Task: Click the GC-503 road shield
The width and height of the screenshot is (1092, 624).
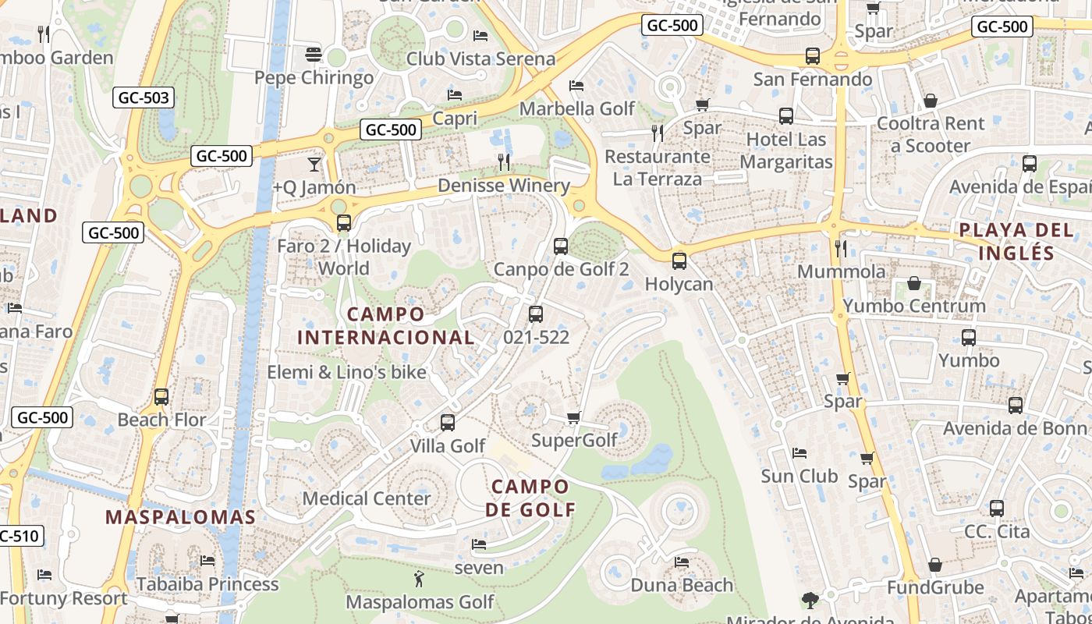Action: pyautogui.click(x=143, y=97)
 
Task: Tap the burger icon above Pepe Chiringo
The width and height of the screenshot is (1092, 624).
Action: pyautogui.click(x=314, y=54)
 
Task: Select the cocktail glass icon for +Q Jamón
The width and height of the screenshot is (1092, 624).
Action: pyautogui.click(x=314, y=164)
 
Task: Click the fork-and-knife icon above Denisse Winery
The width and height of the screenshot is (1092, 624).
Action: pyautogui.click(x=504, y=162)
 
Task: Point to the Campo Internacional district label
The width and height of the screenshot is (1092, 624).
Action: pyautogui.click(x=386, y=326)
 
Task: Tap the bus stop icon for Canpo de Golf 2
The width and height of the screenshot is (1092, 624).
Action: pyautogui.click(x=560, y=246)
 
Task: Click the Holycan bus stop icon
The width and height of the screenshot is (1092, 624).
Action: pyautogui.click(x=679, y=261)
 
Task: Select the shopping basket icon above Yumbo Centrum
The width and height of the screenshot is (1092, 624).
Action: pyautogui.click(x=913, y=282)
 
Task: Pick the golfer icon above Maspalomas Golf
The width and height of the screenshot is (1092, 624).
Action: pyautogui.click(x=419, y=579)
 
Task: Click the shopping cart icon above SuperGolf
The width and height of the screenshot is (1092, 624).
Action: pyautogui.click(x=573, y=417)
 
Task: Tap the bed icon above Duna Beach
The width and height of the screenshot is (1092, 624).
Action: pyautogui.click(x=682, y=562)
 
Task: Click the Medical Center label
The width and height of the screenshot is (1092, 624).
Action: pyautogui.click(x=366, y=498)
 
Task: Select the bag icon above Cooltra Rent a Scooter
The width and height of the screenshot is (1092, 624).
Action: pyautogui.click(x=930, y=101)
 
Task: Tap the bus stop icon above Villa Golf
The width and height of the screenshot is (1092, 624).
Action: pyautogui.click(x=447, y=423)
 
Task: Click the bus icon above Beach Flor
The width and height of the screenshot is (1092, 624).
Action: pyautogui.click(x=161, y=396)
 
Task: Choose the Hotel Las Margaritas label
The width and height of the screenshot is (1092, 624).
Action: pyautogui.click(x=785, y=151)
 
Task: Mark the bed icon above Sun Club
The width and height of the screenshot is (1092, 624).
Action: pyautogui.click(x=799, y=452)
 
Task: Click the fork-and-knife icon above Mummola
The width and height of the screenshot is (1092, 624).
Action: pyautogui.click(x=841, y=248)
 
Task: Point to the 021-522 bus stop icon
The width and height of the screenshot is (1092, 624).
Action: pyautogui.click(x=535, y=314)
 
